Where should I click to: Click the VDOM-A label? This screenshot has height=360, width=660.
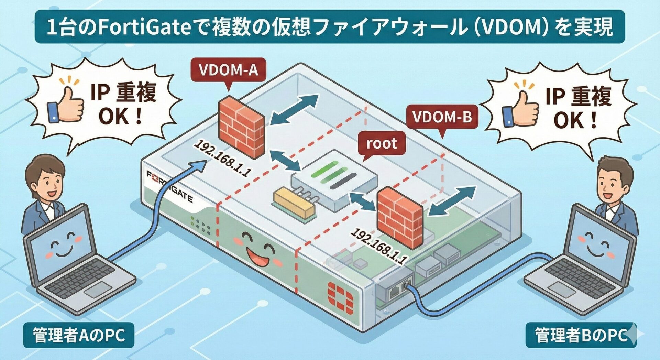pos(228,70)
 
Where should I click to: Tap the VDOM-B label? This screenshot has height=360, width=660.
pos(442,117)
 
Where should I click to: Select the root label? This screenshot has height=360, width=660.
pos(382,143)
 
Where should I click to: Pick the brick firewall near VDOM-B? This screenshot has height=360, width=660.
pos(400,216)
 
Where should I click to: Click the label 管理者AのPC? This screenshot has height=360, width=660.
pos(79,335)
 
